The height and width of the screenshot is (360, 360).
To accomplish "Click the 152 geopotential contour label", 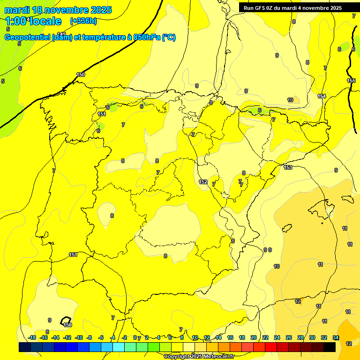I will (203, 182).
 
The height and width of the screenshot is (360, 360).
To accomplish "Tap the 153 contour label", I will (288, 167).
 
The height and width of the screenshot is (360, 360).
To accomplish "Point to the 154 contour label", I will (322, 96).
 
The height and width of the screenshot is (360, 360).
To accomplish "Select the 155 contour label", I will (351, 81).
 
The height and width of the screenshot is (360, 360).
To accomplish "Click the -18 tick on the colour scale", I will (32, 337).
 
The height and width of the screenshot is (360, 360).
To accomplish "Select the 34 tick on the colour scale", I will (336, 337).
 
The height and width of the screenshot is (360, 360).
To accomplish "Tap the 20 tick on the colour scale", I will (254, 337).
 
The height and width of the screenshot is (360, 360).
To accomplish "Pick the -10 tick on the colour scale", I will (79, 337).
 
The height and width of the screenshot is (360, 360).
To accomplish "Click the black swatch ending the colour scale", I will (330, 347).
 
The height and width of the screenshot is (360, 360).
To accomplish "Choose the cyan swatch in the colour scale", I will (119, 347).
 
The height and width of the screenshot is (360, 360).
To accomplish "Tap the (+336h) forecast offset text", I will (83, 21).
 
